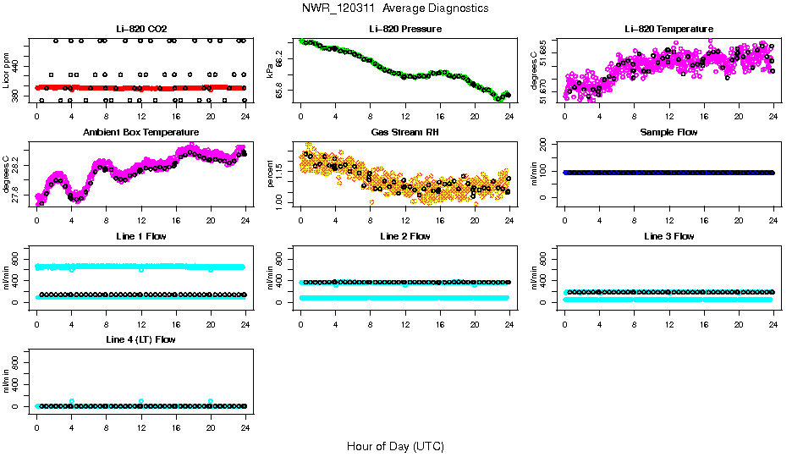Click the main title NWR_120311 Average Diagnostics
(395, 8)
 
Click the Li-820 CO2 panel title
(140, 29)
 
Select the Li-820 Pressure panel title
(404, 29)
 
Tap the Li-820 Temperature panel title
(668, 29)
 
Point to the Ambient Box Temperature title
(140, 132)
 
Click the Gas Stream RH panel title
(404, 132)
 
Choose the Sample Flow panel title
(668, 132)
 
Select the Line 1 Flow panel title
(140, 236)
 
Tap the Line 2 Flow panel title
(404, 236)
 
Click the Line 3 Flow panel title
(668, 236)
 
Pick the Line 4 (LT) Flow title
(140, 339)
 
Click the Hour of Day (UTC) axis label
(395, 445)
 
